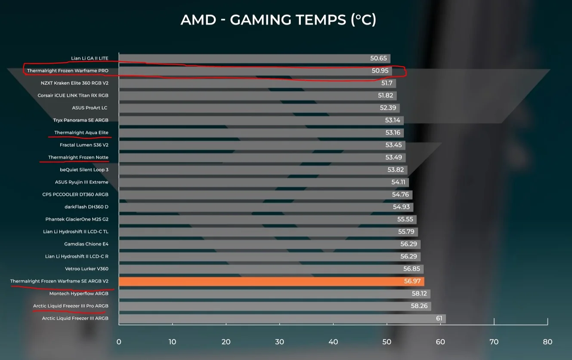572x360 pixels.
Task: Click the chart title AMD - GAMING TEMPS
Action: click(x=278, y=19)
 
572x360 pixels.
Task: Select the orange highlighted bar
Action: click(x=271, y=281)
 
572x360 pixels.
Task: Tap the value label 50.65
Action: click(x=378, y=58)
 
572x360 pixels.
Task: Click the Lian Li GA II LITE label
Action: click(x=90, y=58)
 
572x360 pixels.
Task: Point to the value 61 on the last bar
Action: click(x=439, y=319)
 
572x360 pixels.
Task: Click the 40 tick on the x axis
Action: click(x=333, y=342)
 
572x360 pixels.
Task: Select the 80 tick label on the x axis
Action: click(x=547, y=342)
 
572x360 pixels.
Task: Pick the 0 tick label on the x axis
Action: click(x=119, y=342)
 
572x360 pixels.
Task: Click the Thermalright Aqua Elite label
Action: click(x=81, y=132)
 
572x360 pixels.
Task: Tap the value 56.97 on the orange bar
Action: click(x=412, y=281)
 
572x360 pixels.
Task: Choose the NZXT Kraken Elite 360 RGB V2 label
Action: click(x=74, y=83)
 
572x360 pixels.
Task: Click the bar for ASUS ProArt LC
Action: click(x=258, y=108)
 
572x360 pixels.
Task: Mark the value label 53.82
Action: click(x=396, y=170)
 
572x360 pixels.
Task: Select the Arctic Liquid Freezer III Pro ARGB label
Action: click(x=71, y=306)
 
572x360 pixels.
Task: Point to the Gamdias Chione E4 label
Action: click(x=86, y=244)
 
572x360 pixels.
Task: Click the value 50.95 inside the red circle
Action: click(x=380, y=71)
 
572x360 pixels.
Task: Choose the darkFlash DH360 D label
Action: click(x=87, y=207)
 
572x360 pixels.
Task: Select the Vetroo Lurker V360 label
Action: click(x=87, y=269)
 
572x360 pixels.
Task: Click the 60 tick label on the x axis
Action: click(x=440, y=342)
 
